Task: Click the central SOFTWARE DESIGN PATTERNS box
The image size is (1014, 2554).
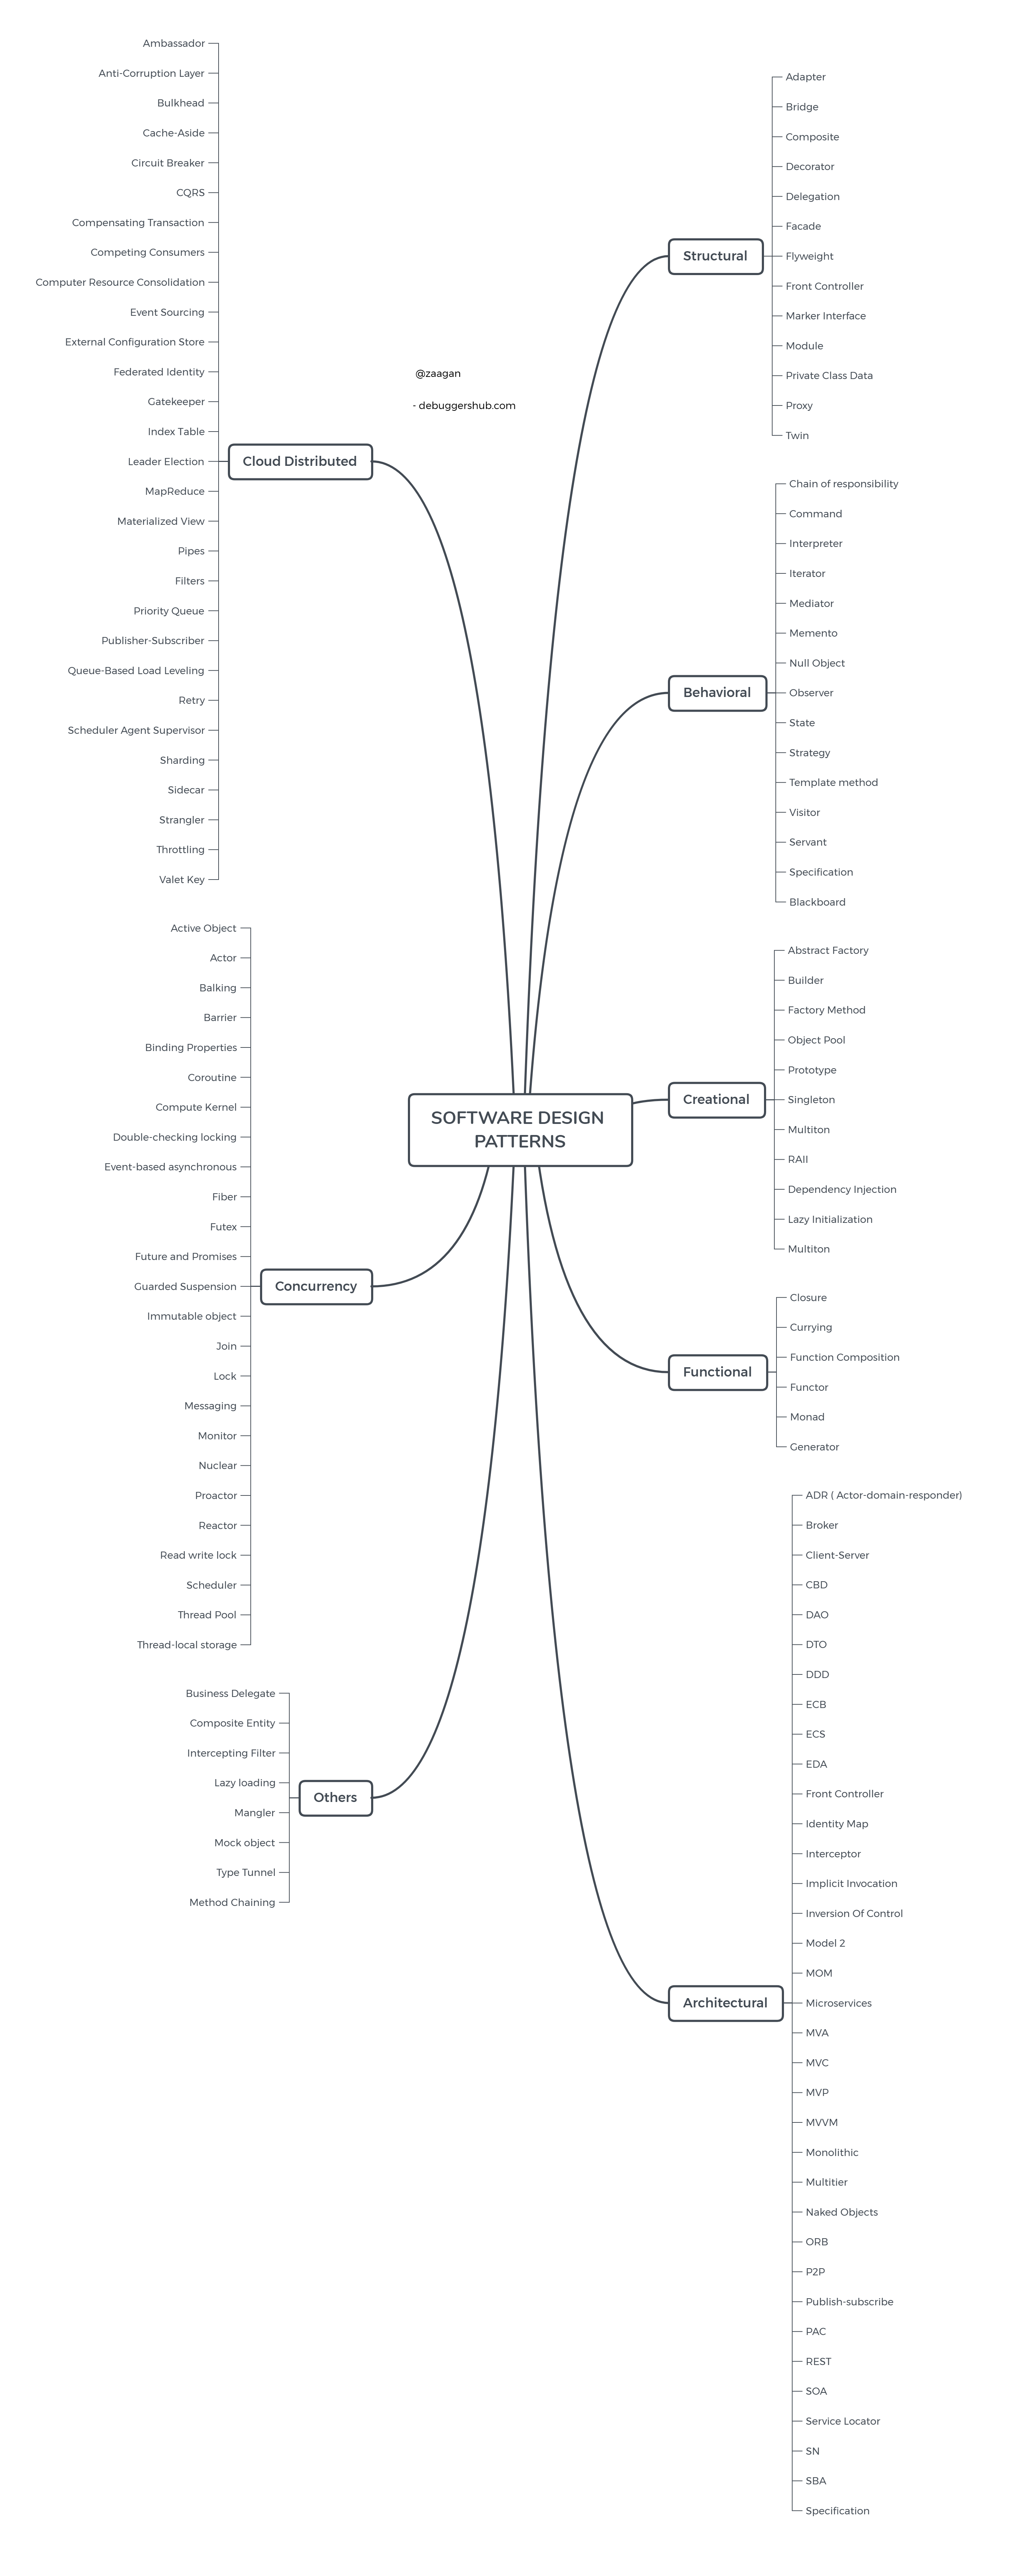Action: click(519, 1129)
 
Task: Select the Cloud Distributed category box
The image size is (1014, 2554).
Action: click(299, 461)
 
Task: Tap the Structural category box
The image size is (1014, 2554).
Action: click(715, 256)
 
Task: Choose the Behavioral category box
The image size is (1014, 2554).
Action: click(716, 692)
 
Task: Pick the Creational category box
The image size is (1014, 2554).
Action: click(716, 1100)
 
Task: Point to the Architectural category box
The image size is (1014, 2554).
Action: click(725, 2003)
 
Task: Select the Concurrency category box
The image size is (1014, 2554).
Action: click(315, 1286)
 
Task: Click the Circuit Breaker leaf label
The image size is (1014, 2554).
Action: click(168, 163)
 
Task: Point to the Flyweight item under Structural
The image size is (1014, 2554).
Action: click(809, 256)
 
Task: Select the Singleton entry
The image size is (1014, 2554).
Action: click(811, 1100)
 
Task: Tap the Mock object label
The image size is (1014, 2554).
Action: click(245, 1842)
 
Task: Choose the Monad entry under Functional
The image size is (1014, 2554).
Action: click(807, 1417)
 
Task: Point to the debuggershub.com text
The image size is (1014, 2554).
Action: click(466, 405)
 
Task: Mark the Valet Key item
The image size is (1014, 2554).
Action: click(181, 880)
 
